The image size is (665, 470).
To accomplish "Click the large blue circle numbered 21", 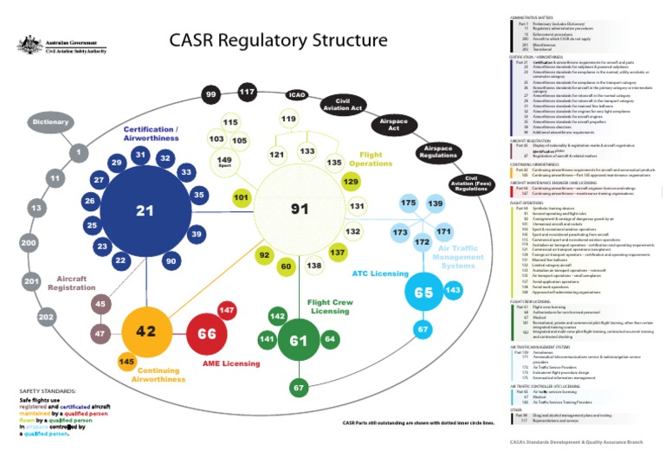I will coord(145,211).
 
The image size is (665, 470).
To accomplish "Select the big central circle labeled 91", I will coord(300,209).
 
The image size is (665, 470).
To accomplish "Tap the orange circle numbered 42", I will coord(145,332).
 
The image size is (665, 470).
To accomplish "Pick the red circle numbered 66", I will coord(207,333).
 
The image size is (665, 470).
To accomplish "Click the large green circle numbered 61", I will coord(299,342).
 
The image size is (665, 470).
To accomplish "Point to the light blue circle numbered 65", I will coord(423,293).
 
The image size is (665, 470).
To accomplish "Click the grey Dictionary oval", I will coord(50,123).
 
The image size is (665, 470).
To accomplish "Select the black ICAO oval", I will coord(297,95).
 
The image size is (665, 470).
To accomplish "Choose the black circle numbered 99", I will coord(210,94).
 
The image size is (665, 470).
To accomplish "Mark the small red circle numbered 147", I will coord(227,310).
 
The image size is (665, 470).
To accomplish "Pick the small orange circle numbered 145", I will coord(126,361).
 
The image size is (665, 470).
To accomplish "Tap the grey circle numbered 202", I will coord(46,318).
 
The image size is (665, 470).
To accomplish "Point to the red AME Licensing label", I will coord(230,364).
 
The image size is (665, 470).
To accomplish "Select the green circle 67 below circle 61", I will coord(299,388).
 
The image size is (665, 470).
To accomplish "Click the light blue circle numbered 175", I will coord(408,203).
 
